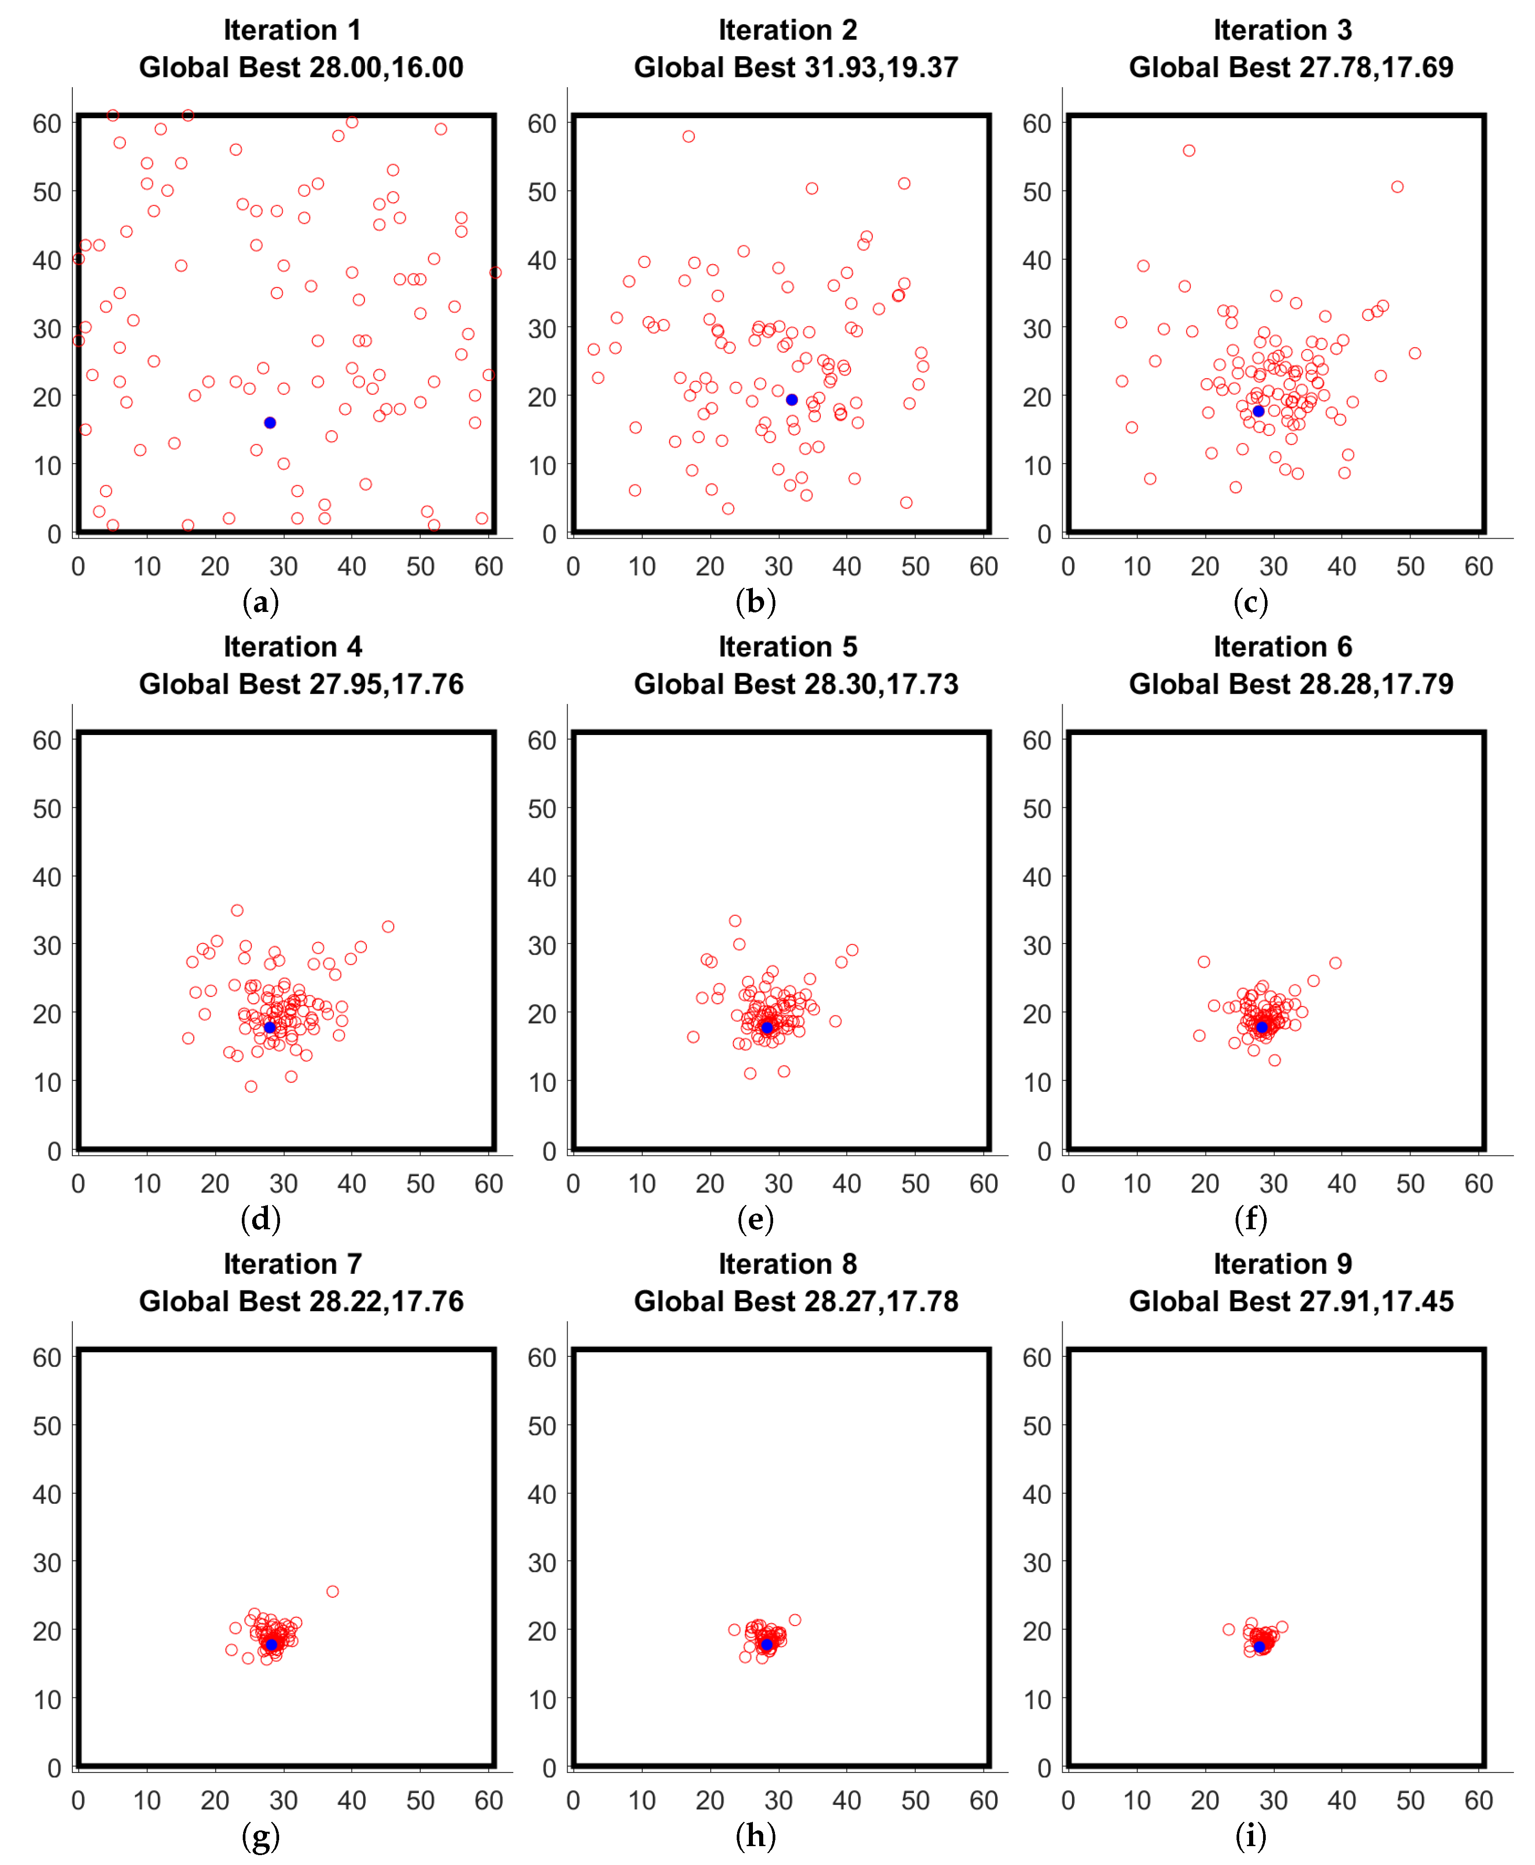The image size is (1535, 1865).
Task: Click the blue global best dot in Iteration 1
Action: (x=270, y=422)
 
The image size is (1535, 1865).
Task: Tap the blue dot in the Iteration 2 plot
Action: (x=792, y=399)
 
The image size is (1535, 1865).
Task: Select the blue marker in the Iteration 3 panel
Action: (x=1258, y=411)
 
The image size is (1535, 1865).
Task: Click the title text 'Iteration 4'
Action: (x=293, y=647)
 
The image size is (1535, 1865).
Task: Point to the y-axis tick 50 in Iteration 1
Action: (x=47, y=192)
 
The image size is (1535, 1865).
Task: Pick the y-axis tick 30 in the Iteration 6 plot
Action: (x=1037, y=946)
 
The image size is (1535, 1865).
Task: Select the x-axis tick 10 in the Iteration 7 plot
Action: (x=147, y=1800)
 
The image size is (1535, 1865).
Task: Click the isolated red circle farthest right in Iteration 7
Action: (x=333, y=1591)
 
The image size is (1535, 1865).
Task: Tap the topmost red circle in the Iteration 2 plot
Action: (x=688, y=136)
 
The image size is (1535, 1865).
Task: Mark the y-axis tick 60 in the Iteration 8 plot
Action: (x=542, y=1357)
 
